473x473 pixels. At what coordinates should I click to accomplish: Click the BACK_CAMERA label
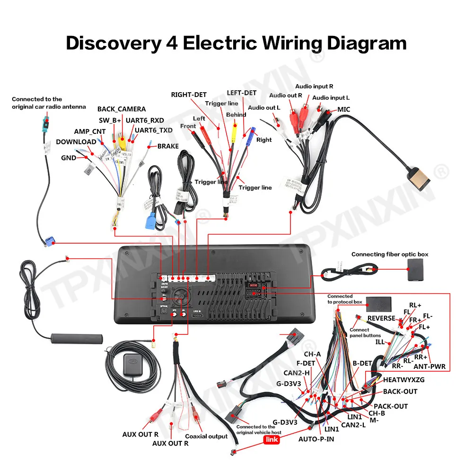coord(122,109)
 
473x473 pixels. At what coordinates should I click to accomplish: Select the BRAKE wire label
coord(168,146)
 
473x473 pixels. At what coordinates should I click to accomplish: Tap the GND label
coord(69,158)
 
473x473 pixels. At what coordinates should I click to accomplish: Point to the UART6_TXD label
coord(154,130)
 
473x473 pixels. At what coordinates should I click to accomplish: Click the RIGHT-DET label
coord(189,95)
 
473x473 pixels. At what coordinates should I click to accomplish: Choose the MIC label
coord(343,109)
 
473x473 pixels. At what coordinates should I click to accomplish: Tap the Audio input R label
coord(314,87)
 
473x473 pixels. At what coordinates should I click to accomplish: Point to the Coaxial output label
coord(206,436)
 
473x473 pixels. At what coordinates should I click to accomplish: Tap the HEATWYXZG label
coord(404,379)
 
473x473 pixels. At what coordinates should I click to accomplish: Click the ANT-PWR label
coord(429,366)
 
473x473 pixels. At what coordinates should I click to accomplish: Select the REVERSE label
coord(381,318)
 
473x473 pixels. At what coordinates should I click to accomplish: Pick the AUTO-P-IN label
coord(316,438)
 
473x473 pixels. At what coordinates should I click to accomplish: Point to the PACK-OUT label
coord(391,406)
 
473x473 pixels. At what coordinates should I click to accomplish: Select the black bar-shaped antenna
coord(77,339)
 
